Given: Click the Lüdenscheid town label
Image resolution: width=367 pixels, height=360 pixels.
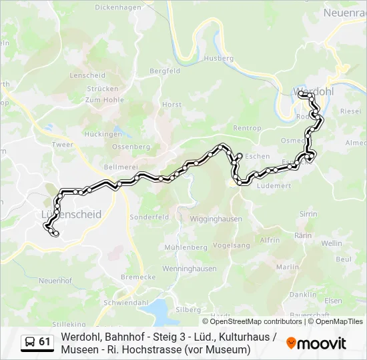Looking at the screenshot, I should (71, 215).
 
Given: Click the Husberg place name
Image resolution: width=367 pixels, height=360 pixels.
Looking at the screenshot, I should (219, 59).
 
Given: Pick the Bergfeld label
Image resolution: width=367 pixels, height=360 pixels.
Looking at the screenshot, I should (165, 71).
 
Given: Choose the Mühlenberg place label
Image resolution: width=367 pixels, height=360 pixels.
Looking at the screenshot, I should (185, 247).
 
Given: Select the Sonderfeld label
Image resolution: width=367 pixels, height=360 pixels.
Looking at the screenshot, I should (149, 217).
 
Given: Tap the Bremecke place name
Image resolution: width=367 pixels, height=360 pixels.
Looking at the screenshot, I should (138, 277).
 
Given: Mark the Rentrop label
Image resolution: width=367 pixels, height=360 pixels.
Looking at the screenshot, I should (246, 128).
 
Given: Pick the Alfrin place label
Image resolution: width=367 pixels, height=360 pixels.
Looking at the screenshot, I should (270, 239).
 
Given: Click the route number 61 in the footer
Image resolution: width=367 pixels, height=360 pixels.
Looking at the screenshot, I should (45, 342).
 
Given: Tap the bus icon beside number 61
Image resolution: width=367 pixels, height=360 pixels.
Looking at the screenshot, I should (30, 342).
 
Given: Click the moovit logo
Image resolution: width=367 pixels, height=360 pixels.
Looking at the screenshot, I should (316, 343).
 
